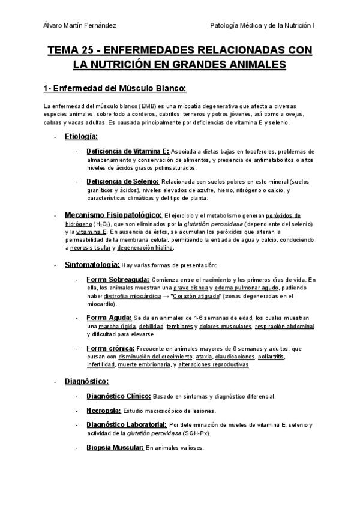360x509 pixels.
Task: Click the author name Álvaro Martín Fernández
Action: [x=81, y=25]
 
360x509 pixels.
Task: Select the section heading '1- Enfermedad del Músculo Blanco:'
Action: [x=115, y=89]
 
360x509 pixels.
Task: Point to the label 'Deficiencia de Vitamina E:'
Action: [x=128, y=151]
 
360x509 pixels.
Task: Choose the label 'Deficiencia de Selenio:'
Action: [x=122, y=181]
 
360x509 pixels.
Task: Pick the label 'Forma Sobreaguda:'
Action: [x=119, y=279]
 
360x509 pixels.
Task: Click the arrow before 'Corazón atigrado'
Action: [x=165, y=296]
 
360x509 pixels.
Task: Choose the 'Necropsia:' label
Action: [x=104, y=411]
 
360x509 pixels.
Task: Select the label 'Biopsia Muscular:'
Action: [x=115, y=447]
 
